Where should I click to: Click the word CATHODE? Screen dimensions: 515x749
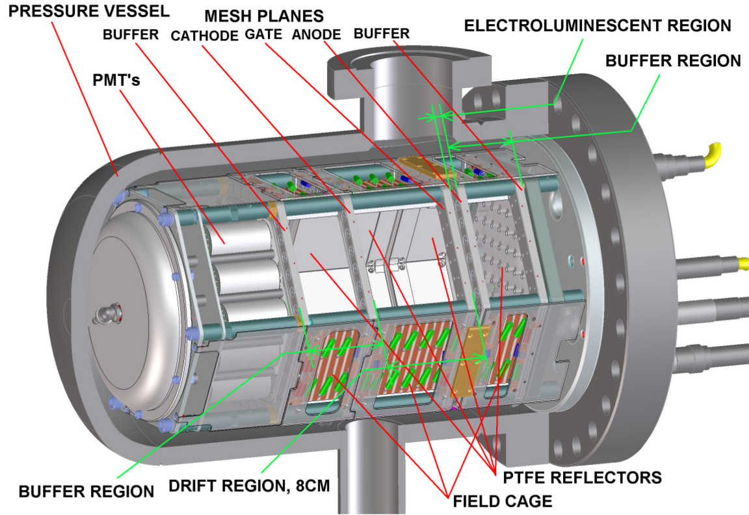(205, 35)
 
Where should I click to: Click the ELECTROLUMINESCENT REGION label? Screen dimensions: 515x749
(598, 26)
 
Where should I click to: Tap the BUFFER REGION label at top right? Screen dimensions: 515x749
(673, 60)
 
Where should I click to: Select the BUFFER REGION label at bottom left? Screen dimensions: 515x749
(86, 491)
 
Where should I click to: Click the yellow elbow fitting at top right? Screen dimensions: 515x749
(713, 153)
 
